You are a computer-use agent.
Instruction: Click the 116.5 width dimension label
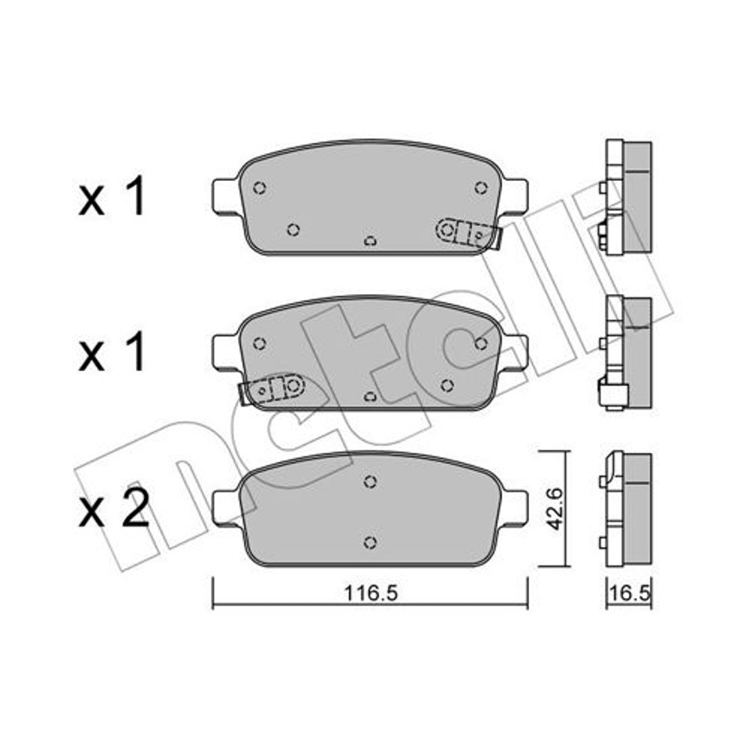coord(370,593)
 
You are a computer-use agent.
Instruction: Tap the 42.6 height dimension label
coord(555,509)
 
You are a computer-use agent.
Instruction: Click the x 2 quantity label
coord(114,508)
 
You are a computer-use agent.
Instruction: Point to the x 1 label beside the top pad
coord(112,196)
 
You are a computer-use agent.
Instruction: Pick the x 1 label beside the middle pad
coord(112,352)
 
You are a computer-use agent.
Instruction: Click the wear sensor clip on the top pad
coord(468,234)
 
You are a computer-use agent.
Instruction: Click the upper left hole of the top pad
coord(259,188)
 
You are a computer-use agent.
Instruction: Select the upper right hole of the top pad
coord(481,188)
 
